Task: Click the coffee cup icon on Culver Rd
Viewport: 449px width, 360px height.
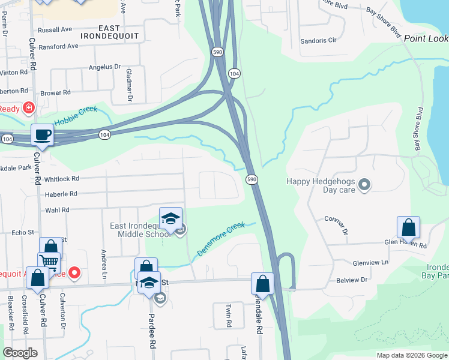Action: pos(42,135)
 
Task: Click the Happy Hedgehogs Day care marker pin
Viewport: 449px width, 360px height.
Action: pos(364,186)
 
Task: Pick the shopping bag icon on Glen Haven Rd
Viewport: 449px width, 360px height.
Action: pos(408,227)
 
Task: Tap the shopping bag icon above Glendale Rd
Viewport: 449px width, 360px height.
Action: pos(262,283)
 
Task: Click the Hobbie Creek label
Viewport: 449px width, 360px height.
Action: pos(75,118)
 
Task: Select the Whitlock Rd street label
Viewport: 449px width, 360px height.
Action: pos(61,179)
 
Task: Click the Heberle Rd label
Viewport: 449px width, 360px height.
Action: pos(61,194)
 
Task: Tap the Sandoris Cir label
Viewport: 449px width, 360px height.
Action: pos(318,41)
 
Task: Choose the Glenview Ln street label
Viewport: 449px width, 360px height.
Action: pos(371,263)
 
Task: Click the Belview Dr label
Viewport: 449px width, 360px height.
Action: pos(352,280)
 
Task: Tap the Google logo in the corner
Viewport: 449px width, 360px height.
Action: pos(20,353)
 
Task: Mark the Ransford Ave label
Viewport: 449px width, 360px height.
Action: pos(58,46)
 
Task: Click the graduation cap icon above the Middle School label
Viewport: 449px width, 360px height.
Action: pos(170,219)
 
